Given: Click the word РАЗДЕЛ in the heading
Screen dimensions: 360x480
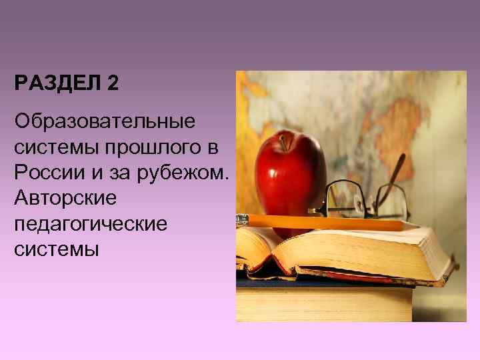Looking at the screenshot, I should [57, 85].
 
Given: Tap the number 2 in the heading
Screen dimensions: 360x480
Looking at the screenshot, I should [112, 85].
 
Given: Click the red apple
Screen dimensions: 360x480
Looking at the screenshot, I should [291, 173].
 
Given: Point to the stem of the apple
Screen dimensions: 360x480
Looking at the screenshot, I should [283, 141].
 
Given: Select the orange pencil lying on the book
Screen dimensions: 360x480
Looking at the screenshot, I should [320, 222].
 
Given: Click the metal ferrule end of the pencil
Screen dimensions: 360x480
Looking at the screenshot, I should [241, 217].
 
